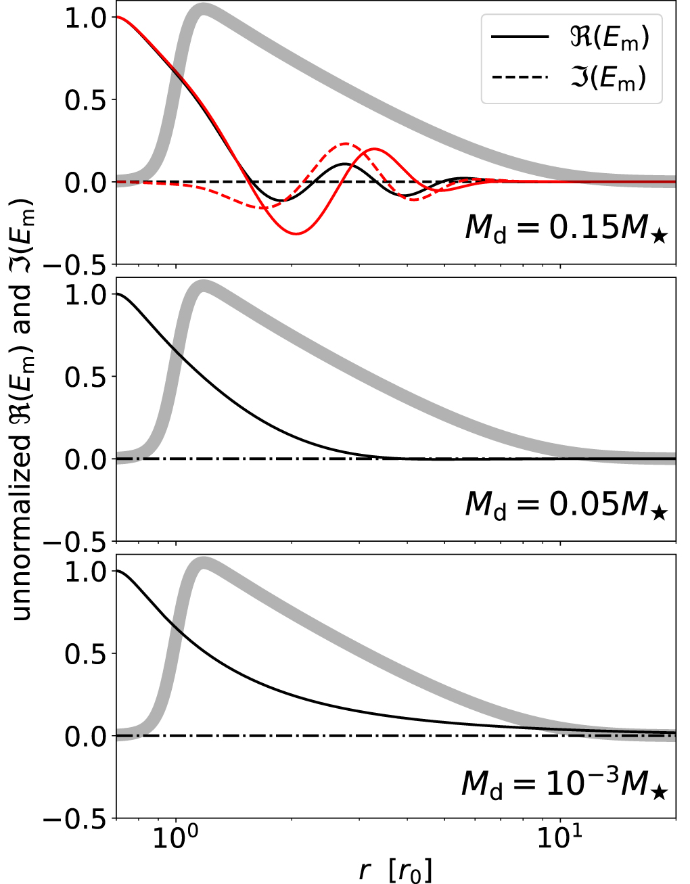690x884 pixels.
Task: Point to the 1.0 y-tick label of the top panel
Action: (x=86, y=18)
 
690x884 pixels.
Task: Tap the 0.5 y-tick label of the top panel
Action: (x=86, y=101)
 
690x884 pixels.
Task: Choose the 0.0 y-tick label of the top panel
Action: (x=86, y=183)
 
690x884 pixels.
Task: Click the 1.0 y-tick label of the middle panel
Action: (x=86, y=295)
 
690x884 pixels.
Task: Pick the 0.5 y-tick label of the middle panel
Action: (x=86, y=377)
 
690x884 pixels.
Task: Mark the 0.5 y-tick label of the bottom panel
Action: (x=86, y=654)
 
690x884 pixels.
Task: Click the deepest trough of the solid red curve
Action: (x=296, y=233)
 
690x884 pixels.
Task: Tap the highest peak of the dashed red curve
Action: (x=346, y=143)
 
